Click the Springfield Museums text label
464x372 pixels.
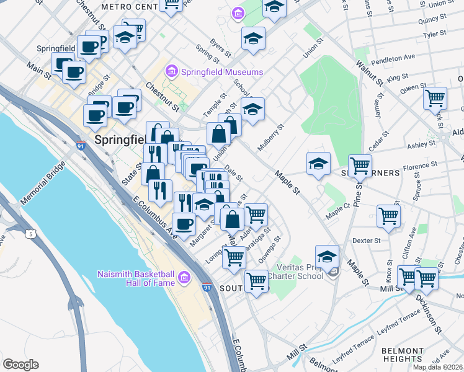click(223, 72)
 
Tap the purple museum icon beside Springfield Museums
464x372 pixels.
click(172, 72)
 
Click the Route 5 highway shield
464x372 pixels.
click(30, 234)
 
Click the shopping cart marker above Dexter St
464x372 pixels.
click(388, 216)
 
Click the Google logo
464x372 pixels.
click(20, 365)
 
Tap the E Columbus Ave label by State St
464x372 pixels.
click(152, 215)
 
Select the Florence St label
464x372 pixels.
click(416, 167)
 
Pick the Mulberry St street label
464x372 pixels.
click(271, 137)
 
